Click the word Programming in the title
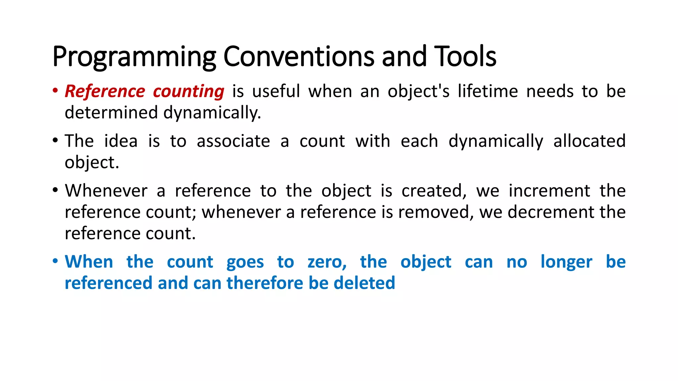point(134,57)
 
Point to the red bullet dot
point(55,91)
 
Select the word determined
point(111,112)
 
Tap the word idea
point(121,141)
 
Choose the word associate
point(233,141)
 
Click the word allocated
point(589,141)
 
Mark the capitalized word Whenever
point(106,191)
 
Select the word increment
point(549,191)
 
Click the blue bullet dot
point(55,261)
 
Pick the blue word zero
point(327,262)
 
